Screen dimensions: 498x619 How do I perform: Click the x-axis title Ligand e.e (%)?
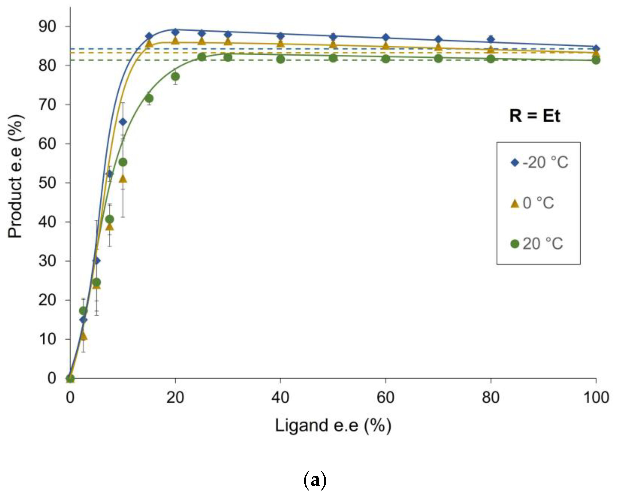pos(333,426)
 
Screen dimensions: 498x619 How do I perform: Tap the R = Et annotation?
pos(535,116)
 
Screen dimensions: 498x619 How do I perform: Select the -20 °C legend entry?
pos(539,163)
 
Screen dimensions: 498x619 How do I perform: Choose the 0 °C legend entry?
pos(532,203)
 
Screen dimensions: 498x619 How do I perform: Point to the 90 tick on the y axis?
pos(47,27)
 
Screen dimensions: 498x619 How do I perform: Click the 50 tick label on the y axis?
pos(47,183)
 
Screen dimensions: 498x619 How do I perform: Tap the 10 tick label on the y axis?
pos(47,339)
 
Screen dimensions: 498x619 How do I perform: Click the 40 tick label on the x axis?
pos(280,398)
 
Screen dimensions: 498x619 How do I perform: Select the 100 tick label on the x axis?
pos(596,398)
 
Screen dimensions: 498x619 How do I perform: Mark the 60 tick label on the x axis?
pos(386,398)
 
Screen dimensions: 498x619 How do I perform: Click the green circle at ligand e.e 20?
pos(175,77)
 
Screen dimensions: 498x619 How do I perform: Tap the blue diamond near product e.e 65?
pos(123,122)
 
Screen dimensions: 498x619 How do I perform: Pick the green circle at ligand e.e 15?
pos(149,98)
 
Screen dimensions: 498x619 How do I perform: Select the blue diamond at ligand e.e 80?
pos(491,39)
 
